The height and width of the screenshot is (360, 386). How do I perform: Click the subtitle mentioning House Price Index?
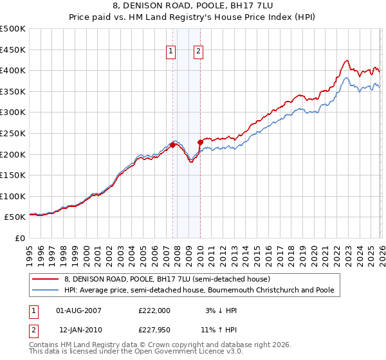coord(193,18)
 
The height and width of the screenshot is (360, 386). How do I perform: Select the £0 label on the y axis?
coord(21,238)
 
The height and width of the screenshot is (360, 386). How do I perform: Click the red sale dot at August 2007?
coord(172,145)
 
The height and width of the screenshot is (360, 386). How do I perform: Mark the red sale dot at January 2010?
coord(200,143)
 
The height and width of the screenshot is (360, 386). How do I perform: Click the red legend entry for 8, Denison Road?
coord(161,279)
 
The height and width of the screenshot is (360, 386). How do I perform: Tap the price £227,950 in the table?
coord(154,328)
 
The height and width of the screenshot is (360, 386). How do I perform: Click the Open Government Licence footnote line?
coord(136,352)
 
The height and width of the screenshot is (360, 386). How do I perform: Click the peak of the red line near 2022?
coord(347,60)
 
